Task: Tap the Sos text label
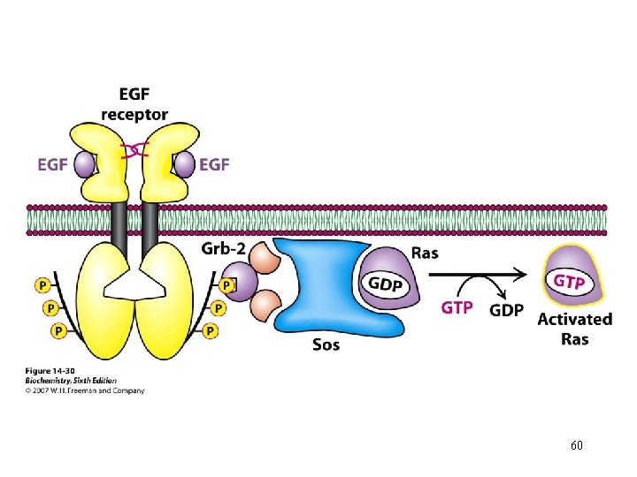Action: pos(326,344)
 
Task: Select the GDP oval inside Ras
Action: pos(386,284)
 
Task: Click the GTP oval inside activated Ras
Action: pos(569,281)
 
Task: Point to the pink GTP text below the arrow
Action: pos(457,308)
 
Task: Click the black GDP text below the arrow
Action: pos(506,310)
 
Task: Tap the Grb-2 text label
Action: pos(224,248)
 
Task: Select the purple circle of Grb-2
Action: pos(240,282)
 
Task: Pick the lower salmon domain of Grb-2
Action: pos(265,306)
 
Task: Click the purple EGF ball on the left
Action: pos(84,165)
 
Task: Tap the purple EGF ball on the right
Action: pos(184,164)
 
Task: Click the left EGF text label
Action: pos(52,165)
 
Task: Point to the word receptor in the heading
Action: pos(134,115)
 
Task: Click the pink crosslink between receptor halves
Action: pos(134,151)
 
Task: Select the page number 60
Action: pos(577,445)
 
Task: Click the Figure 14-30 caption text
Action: pos(50,371)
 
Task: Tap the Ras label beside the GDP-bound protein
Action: pos(425,254)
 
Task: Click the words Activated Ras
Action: pos(575,329)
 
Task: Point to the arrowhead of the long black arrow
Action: pos(521,275)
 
